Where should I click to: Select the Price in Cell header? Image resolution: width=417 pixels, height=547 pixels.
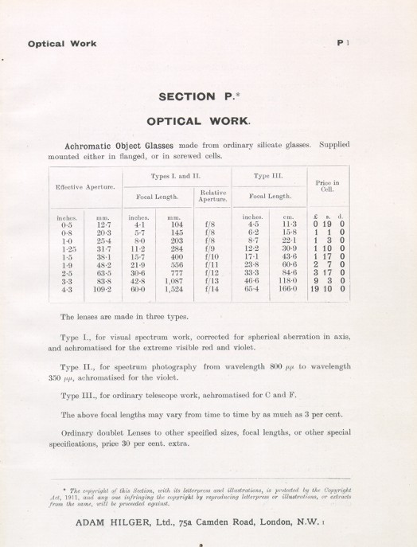point(327,186)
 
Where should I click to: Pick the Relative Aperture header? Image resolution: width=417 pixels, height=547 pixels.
point(208,196)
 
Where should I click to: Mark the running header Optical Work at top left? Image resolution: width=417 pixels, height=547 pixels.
point(61,46)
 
